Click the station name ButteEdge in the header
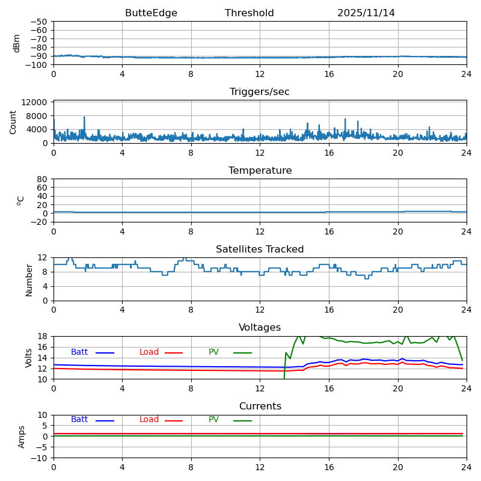pos(151,13)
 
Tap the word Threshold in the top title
pos(249,13)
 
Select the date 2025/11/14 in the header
pos(366,13)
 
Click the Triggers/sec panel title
pos(260,92)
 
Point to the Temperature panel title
pos(260,171)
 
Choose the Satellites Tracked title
pos(260,250)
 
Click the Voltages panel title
pos(260,328)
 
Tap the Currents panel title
pos(260,406)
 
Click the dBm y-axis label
pos(17,43)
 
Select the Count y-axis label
pos(13,121)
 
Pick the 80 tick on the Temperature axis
pos(42,179)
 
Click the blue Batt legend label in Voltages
pos(79,352)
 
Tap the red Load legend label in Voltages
pos(149,352)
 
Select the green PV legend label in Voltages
pos(213,352)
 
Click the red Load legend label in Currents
pos(149,420)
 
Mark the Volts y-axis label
pos(29,358)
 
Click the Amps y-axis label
pos(22,437)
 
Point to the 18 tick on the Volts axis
pos(42,337)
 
